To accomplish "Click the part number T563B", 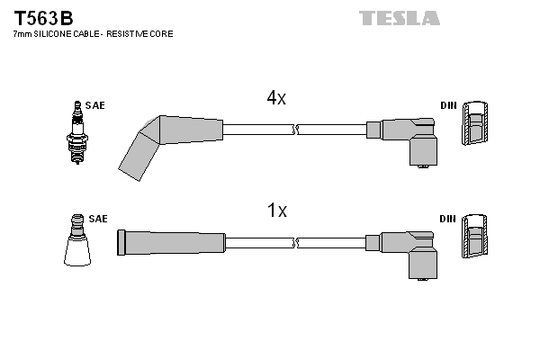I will tap(42, 18).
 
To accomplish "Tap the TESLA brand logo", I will tap(400, 18).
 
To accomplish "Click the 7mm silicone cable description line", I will tap(93, 33).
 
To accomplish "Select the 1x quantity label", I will tap(276, 211).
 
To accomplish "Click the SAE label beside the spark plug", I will tap(95, 105).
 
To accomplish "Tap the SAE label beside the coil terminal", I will tap(98, 219).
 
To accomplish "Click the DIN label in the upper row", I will tap(448, 105).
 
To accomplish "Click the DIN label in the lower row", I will tap(448, 219).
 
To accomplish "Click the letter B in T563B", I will tap(67, 18).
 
